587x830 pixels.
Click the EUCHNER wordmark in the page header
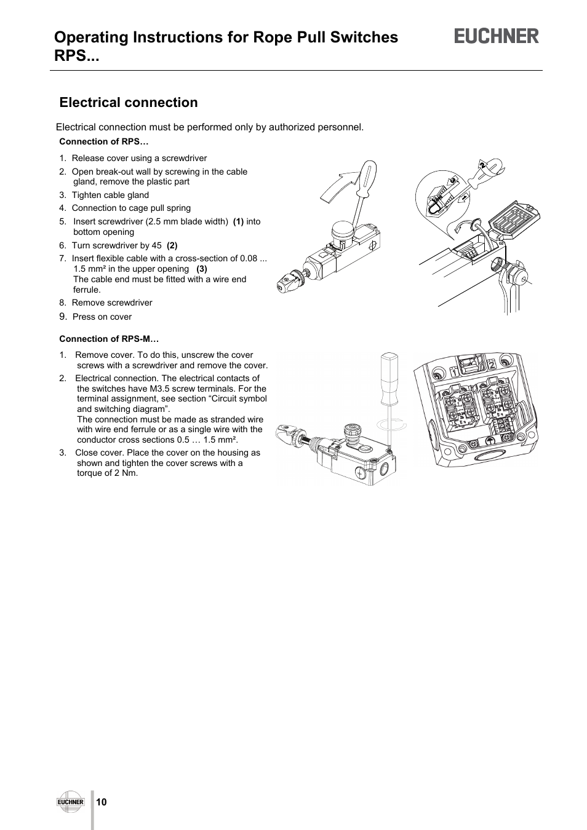click(497, 36)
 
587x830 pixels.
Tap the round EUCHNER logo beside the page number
click(70, 801)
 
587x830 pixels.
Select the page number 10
click(102, 802)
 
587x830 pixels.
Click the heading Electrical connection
click(129, 103)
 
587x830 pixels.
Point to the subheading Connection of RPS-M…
click(109, 339)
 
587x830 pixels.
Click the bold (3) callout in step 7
click(202, 269)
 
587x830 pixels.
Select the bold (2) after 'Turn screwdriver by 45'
click(172, 245)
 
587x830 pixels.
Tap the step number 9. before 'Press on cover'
click(63, 316)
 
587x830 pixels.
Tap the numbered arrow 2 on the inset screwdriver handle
click(484, 165)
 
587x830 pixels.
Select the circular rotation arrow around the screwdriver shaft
click(390, 424)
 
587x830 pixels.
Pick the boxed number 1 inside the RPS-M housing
click(453, 371)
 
